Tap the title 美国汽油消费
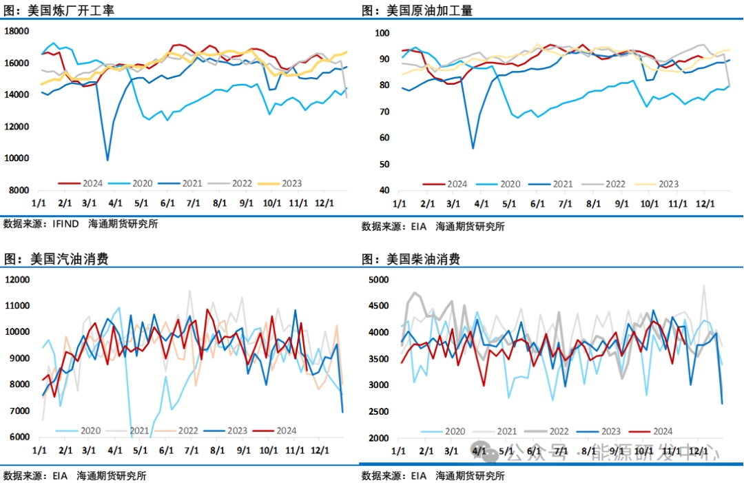click(69, 260)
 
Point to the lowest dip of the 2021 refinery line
click(107, 160)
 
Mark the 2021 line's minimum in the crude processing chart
click(473, 148)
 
